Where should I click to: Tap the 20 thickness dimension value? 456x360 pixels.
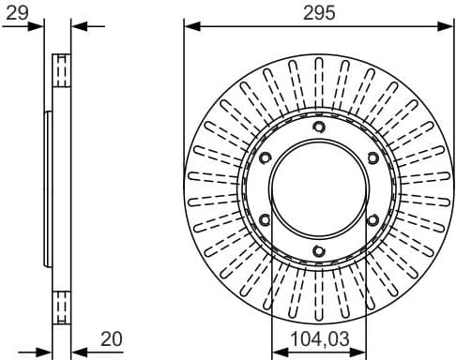pos(113,337)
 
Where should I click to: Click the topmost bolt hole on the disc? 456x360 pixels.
pos(318,127)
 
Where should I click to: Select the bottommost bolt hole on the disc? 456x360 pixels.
pos(318,250)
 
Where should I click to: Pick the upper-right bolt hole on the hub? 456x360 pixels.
pos(372,157)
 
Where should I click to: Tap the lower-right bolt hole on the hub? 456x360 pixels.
pos(372,219)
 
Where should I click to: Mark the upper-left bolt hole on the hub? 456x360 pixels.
pos(265,157)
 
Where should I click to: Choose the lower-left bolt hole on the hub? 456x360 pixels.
pos(265,219)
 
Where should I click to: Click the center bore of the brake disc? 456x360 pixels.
pos(318,188)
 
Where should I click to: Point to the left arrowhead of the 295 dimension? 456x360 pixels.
pos(190,26)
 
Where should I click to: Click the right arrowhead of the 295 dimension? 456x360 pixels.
pos(447,26)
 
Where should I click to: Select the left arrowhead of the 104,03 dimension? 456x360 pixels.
pos(276,352)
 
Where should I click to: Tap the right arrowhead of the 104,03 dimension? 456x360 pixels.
pos(360,352)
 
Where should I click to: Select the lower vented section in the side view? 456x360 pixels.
pos(63,306)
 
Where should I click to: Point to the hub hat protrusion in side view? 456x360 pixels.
pos(47,188)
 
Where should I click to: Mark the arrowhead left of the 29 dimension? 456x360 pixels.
pos(39,25)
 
